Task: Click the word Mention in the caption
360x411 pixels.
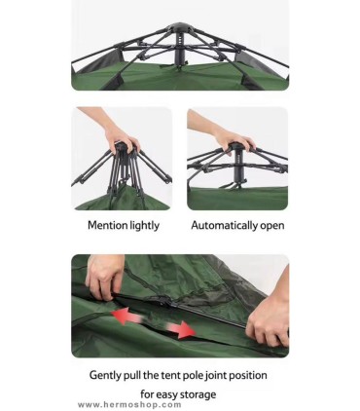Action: (x=107, y=225)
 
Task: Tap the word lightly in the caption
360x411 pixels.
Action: (x=145, y=226)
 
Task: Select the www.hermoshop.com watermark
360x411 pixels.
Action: (x=129, y=405)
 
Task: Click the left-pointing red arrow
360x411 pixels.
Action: (x=126, y=316)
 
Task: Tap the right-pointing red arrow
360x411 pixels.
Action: (x=180, y=329)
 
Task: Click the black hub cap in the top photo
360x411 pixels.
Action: (x=178, y=27)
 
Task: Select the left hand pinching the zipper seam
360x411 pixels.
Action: (x=104, y=276)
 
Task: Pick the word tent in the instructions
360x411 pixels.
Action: (x=170, y=375)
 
